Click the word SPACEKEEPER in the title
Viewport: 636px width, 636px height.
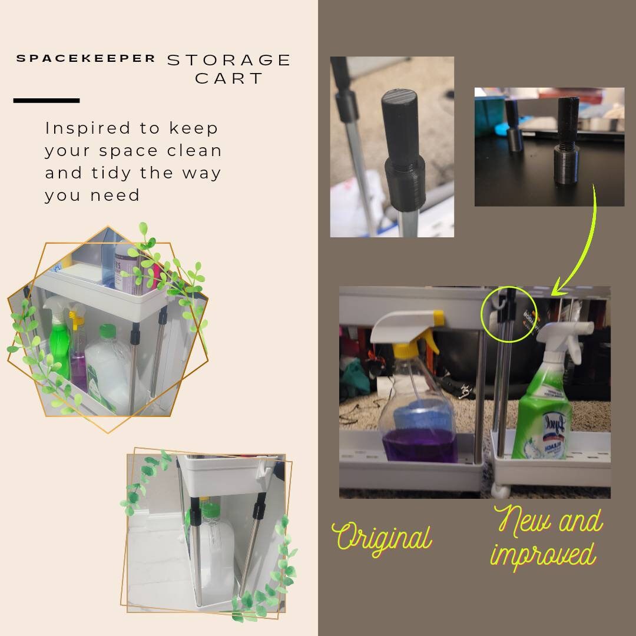point(86,58)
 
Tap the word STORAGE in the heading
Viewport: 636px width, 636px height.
point(230,60)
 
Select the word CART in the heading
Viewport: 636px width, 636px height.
point(230,78)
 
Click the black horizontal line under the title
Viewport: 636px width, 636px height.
point(47,101)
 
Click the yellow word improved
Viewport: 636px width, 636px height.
point(543,554)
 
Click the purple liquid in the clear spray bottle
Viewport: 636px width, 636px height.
point(419,449)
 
